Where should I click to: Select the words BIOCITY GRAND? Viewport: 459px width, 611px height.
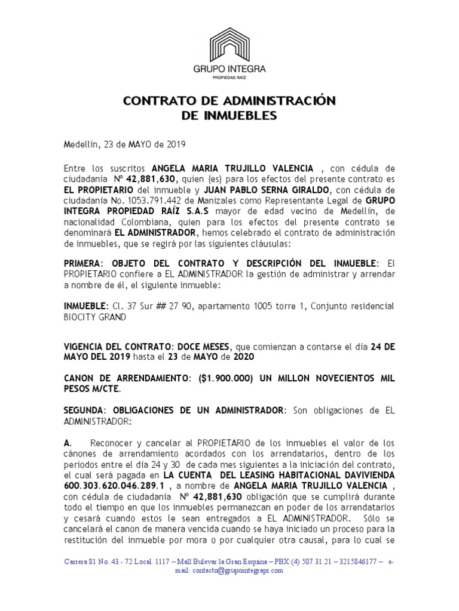tap(95, 317)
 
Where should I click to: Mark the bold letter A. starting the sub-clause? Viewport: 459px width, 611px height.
tap(68, 443)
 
